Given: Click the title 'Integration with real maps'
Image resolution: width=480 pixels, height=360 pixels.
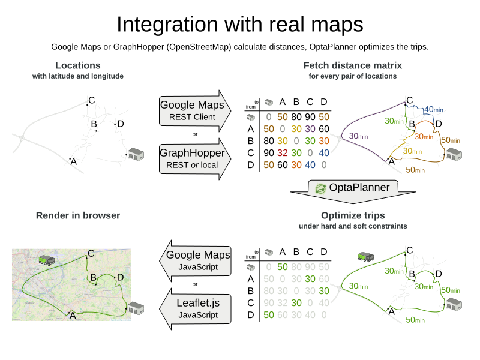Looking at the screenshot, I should tap(240, 25).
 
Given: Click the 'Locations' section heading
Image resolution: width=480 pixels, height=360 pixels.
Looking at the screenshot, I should tap(78, 65).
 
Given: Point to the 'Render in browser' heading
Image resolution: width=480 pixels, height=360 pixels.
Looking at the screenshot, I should tap(78, 215).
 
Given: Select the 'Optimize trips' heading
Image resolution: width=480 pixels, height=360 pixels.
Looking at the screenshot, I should tap(353, 215).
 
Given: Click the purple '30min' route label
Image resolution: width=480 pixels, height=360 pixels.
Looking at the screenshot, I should tap(359, 136).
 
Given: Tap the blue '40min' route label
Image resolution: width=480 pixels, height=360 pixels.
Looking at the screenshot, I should tap(433, 110).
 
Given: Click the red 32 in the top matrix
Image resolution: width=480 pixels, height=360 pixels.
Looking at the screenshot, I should tap(283, 152).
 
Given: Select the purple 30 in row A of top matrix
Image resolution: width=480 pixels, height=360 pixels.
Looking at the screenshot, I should tap(311, 128).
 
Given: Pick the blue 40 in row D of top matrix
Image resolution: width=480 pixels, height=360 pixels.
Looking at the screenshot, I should tap(311, 164).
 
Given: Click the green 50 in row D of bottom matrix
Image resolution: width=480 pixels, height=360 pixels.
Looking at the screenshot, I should tap(269, 314).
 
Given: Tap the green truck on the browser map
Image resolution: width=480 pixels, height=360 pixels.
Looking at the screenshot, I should tap(47, 260).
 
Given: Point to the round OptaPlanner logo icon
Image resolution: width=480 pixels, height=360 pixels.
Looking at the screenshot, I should tap(321, 188).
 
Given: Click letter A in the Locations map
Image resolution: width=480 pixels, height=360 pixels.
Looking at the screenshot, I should tap(73, 161).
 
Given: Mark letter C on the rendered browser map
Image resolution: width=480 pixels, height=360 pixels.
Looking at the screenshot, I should tap(91, 253).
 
